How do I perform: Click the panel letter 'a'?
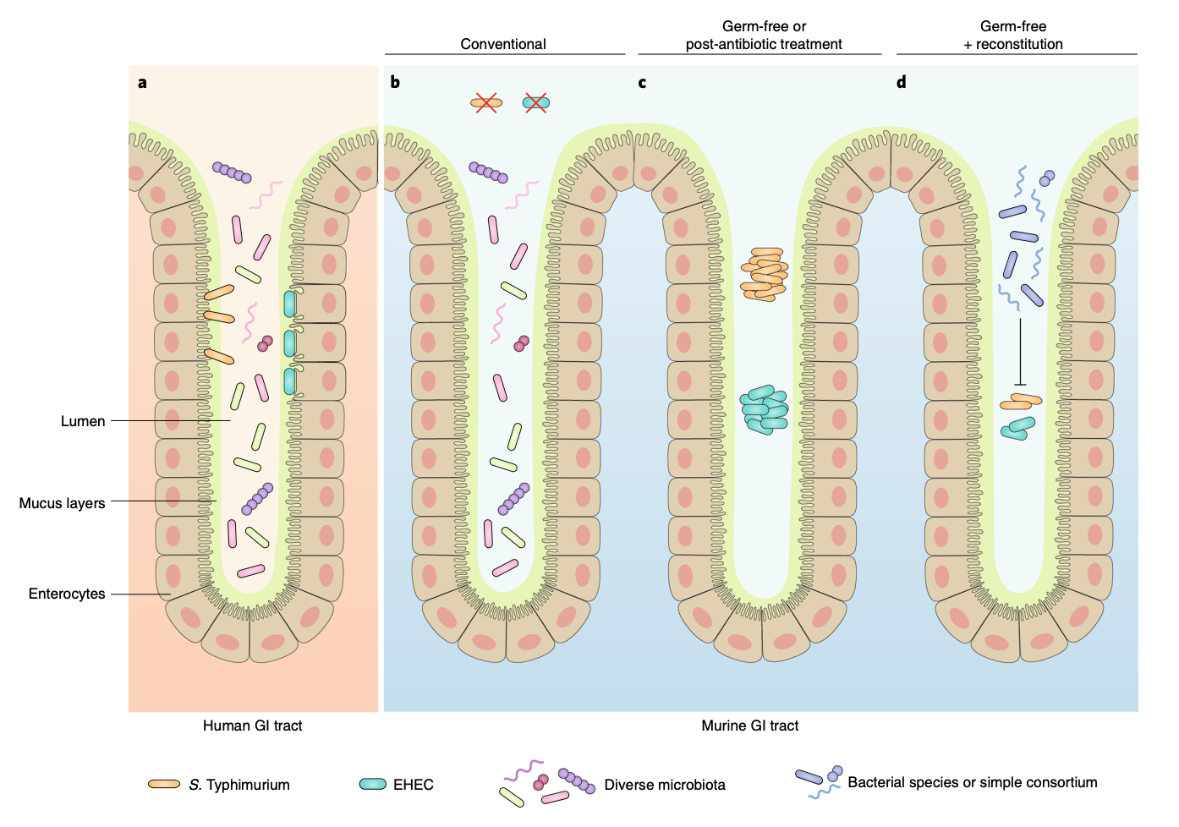coord(142,83)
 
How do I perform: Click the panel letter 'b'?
coord(395,83)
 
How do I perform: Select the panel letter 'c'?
coord(642,83)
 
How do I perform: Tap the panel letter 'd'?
coord(901,83)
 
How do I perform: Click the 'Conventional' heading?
coord(503,44)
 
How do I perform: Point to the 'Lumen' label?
coord(83,421)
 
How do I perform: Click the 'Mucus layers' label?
coord(63,503)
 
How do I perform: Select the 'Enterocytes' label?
coord(67,594)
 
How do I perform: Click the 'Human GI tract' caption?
coord(252,726)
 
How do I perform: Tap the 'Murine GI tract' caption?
coord(749,726)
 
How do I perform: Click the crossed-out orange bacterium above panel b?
coord(486,103)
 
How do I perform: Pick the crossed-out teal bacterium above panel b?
coord(535,103)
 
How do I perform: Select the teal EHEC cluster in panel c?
coord(765,410)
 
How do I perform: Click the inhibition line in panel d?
coord(1020,351)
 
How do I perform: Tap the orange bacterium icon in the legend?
coord(164,784)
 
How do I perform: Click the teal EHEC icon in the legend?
coord(373,784)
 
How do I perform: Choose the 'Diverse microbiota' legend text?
coord(665,785)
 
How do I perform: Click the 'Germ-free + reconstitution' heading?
coord(1013,36)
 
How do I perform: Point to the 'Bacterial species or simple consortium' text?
coord(973,782)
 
